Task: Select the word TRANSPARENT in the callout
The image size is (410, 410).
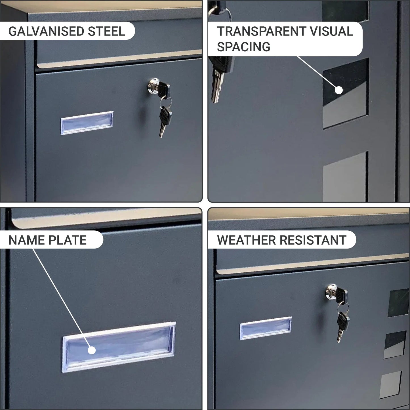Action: pyautogui.click(x=261, y=31)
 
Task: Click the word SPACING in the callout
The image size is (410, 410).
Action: pyautogui.click(x=243, y=47)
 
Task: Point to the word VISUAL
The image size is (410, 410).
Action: pyautogui.click(x=331, y=31)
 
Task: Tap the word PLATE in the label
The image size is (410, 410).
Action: pyautogui.click(x=67, y=240)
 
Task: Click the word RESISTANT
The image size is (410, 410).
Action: pyautogui.click(x=313, y=240)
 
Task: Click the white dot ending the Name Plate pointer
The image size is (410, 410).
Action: pyautogui.click(x=92, y=350)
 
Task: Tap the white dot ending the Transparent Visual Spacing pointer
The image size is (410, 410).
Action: pyautogui.click(x=339, y=90)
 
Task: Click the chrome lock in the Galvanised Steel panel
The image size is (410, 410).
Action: pyautogui.click(x=154, y=86)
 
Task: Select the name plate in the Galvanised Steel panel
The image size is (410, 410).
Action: pyautogui.click(x=87, y=123)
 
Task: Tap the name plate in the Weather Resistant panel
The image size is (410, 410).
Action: pyautogui.click(x=266, y=328)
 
